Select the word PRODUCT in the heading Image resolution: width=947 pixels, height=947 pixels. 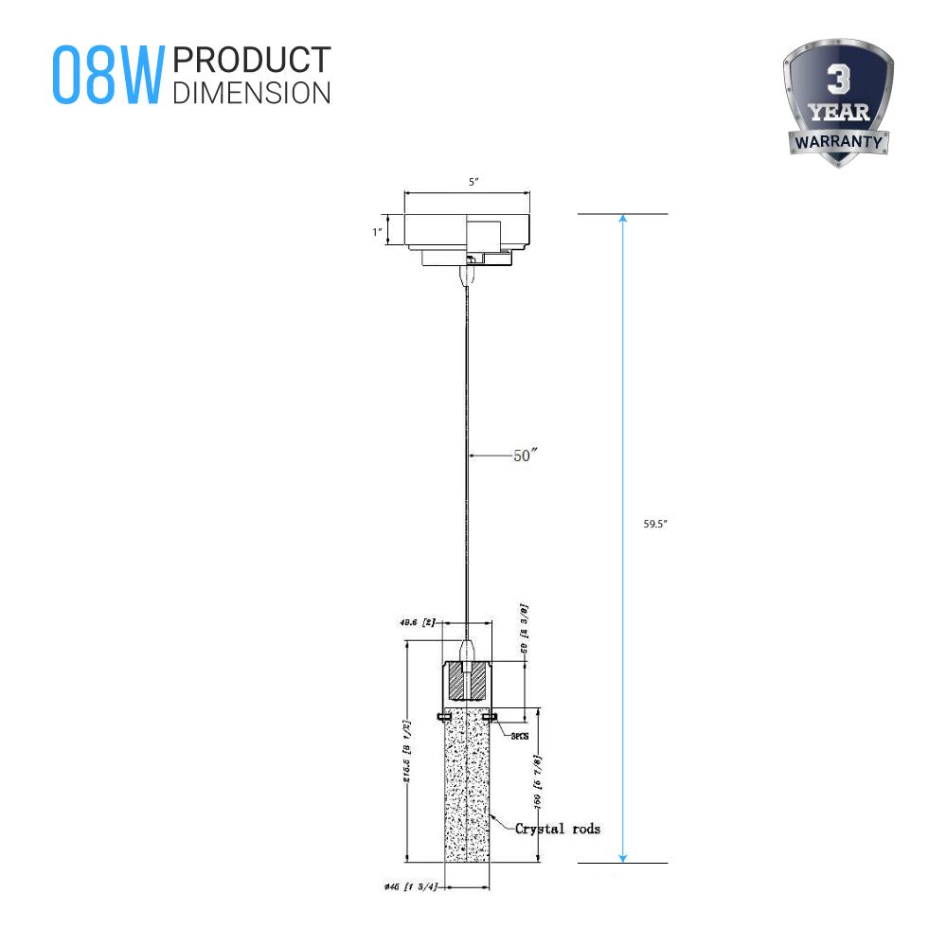252,60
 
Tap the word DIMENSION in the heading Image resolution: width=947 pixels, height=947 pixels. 252,92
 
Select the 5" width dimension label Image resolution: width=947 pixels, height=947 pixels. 467,182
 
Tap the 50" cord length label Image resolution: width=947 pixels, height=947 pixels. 526,456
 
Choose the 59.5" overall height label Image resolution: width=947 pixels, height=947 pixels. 654,523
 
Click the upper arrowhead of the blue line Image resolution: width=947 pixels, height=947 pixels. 622,220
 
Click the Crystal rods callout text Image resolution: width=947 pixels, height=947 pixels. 557,829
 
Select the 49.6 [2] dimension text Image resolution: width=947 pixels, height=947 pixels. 416,623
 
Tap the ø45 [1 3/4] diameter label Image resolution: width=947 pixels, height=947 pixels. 409,887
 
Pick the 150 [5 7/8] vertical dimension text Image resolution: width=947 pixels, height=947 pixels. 537,784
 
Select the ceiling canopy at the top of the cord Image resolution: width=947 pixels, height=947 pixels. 467,237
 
